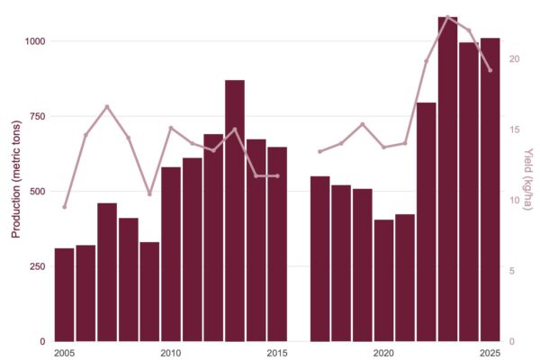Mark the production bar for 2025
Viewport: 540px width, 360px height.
(x=490, y=190)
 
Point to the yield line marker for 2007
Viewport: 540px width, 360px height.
(x=107, y=106)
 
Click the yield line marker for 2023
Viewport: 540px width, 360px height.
(x=447, y=17)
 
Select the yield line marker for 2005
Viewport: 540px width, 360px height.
(x=65, y=207)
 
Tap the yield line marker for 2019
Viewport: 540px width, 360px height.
(x=362, y=124)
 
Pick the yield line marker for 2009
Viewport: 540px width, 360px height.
(x=149, y=194)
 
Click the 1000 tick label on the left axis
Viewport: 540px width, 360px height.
(x=35, y=41)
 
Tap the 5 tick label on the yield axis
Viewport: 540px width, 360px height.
(x=511, y=271)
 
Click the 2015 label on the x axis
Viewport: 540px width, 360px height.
(x=277, y=352)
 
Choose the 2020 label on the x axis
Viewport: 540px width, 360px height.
(x=383, y=352)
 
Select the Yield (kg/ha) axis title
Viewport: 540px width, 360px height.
(x=528, y=180)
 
